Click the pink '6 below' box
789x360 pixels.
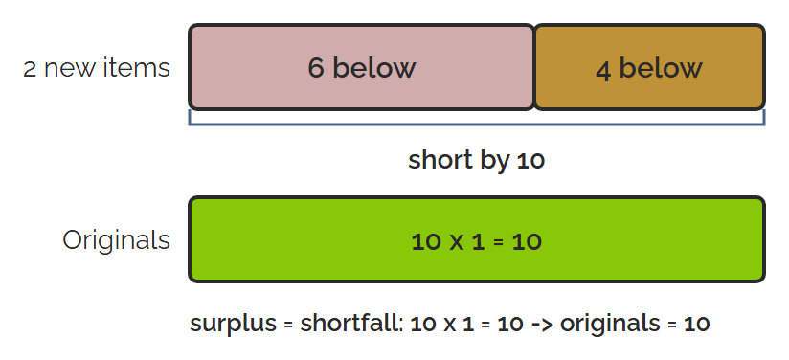point(361,67)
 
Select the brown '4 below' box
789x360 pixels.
point(649,67)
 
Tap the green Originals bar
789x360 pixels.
point(477,239)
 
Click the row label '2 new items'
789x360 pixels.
point(97,67)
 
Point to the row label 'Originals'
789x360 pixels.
point(116,240)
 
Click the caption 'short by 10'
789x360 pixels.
point(477,161)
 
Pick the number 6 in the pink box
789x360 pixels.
point(315,68)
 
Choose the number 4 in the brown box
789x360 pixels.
point(603,70)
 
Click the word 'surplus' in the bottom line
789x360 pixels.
point(233,324)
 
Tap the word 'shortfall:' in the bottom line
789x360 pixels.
point(351,323)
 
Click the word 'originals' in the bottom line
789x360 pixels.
point(610,324)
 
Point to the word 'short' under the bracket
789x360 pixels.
point(440,160)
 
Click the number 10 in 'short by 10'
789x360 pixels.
point(530,161)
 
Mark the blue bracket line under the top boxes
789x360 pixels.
point(477,124)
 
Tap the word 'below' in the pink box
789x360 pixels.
point(373,67)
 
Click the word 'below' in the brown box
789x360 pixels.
point(660,67)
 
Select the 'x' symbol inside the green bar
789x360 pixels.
point(457,242)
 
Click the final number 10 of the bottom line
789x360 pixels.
point(697,324)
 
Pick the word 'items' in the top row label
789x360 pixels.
point(137,67)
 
